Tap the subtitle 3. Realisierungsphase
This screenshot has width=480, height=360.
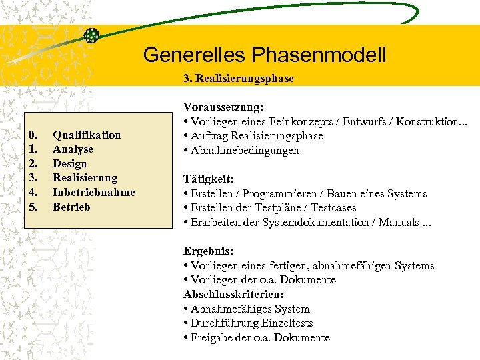pyautogui.click(x=239, y=79)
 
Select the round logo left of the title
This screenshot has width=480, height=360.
pyautogui.click(x=91, y=36)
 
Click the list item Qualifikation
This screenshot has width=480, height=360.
pyautogui.click(x=87, y=135)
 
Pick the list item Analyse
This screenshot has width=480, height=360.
pyautogui.click(x=73, y=149)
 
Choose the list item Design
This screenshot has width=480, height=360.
pyautogui.click(x=69, y=164)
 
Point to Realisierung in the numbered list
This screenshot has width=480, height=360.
pyautogui.click(x=85, y=178)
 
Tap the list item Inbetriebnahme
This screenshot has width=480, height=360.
pyautogui.click(x=93, y=193)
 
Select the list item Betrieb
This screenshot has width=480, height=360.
pyautogui.click(x=71, y=207)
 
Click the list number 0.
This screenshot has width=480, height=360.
pyautogui.click(x=34, y=135)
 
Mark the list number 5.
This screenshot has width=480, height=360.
pyautogui.click(x=34, y=207)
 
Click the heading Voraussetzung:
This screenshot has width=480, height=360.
pyautogui.click(x=223, y=107)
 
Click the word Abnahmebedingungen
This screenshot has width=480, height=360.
pyautogui.click(x=245, y=151)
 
